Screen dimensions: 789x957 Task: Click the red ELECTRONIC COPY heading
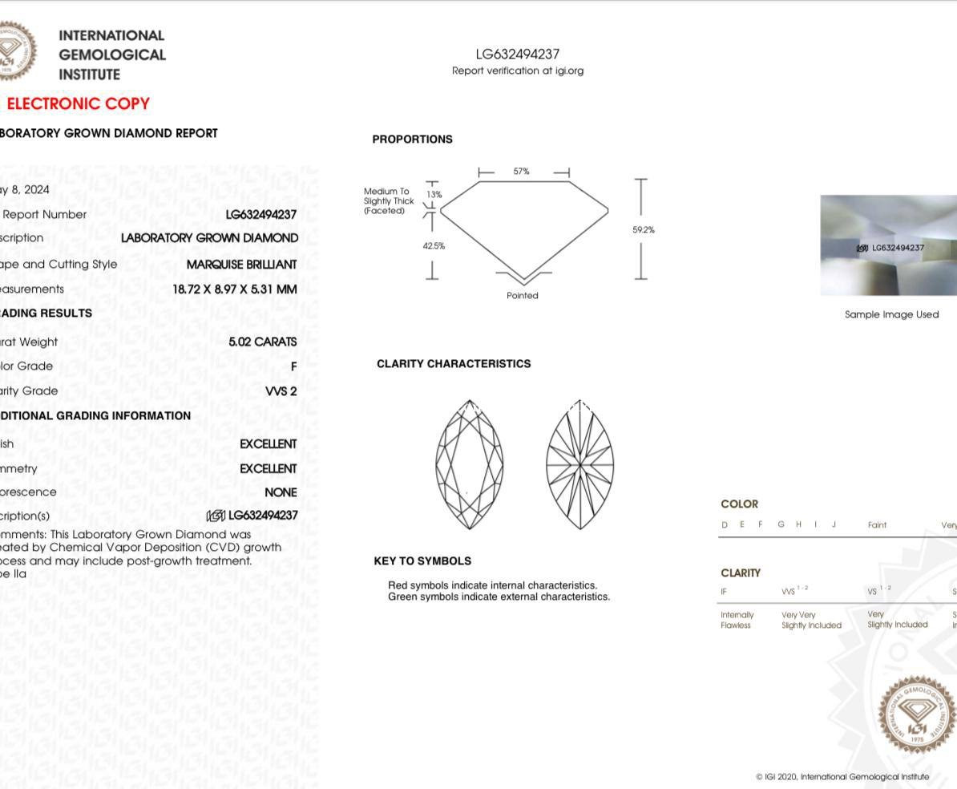(78, 103)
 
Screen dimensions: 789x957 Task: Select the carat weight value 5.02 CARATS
(262, 342)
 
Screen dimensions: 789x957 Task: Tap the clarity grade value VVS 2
(281, 391)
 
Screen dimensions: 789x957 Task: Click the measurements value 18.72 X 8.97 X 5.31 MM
(234, 289)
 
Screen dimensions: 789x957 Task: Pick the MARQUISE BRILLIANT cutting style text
(241, 264)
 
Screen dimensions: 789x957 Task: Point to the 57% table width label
(521, 172)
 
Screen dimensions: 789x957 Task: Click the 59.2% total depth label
(643, 230)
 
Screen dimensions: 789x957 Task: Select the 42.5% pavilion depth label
(434, 246)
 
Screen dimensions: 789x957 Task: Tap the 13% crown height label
(434, 195)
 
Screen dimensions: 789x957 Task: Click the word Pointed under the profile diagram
(523, 296)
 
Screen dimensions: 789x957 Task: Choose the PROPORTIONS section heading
(412, 140)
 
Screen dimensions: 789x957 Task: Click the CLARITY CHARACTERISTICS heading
(454, 364)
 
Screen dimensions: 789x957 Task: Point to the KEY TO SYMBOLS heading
(422, 561)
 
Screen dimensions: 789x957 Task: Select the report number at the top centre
(517, 55)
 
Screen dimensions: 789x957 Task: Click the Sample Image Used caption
(891, 314)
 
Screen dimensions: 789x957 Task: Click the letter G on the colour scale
(781, 525)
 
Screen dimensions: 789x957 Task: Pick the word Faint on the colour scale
(877, 525)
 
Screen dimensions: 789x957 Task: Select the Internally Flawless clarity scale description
(736, 620)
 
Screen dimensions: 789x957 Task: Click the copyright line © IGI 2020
(842, 777)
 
